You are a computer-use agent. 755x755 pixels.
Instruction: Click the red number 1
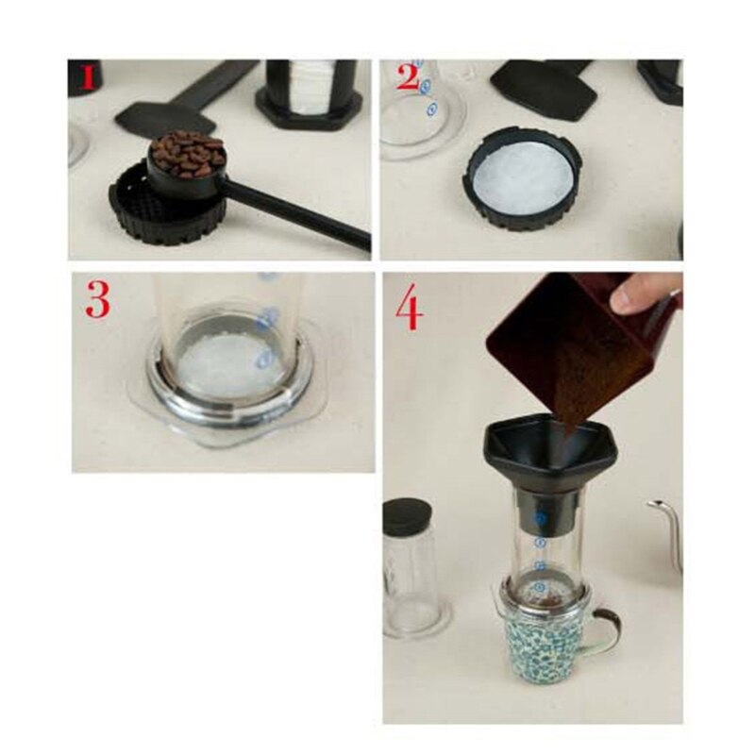(88, 76)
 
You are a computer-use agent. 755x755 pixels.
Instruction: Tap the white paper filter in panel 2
(522, 176)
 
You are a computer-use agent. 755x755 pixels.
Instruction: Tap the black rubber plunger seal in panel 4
(408, 518)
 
